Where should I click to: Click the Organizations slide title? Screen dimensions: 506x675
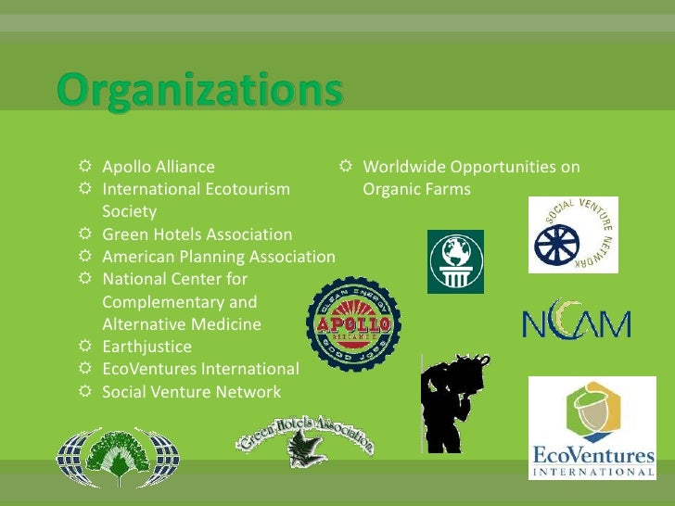pyautogui.click(x=200, y=94)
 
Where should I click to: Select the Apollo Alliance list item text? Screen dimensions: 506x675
pyautogui.click(x=158, y=168)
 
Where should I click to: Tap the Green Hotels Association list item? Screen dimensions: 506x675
pyautogui.click(x=197, y=234)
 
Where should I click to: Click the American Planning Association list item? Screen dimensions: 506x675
pyautogui.click(x=218, y=257)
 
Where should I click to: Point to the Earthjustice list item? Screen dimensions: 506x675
pyautogui.click(x=146, y=347)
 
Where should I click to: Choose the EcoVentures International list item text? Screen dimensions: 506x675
pyautogui.click(x=200, y=369)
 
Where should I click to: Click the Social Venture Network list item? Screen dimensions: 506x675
pyautogui.click(x=191, y=392)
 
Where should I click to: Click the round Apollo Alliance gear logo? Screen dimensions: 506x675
pyautogui.click(x=353, y=324)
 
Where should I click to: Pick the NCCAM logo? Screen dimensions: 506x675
pyautogui.click(x=576, y=321)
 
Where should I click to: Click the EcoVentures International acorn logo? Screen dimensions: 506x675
pyautogui.click(x=592, y=428)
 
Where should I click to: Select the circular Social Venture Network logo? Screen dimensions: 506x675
pyautogui.click(x=573, y=234)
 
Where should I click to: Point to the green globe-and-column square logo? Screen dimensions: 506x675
pyautogui.click(x=455, y=260)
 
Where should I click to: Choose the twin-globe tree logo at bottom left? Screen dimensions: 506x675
pyautogui.click(x=117, y=457)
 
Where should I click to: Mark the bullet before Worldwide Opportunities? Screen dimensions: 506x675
pyautogui.click(x=346, y=168)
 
